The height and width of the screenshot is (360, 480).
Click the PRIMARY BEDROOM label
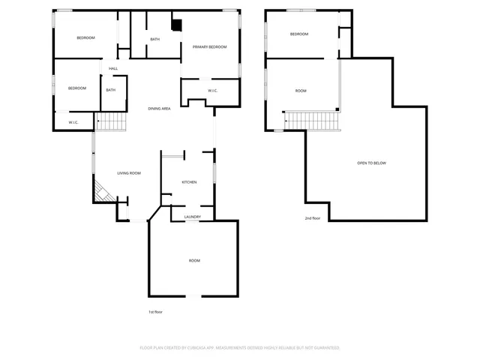pyautogui.click(x=209, y=47)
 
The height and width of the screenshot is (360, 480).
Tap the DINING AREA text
pyautogui.click(x=159, y=109)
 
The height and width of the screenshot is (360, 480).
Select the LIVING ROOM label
pyautogui.click(x=129, y=173)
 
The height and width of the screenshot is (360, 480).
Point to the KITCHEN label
pyautogui.click(x=190, y=182)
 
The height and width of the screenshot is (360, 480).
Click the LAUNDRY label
pyautogui.click(x=192, y=217)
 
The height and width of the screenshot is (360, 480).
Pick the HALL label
pyautogui.click(x=113, y=69)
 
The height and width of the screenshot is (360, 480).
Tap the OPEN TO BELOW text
pyautogui.click(x=371, y=163)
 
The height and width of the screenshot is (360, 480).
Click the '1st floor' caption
pyautogui.click(x=155, y=311)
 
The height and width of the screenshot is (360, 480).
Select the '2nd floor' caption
pyautogui.click(x=312, y=218)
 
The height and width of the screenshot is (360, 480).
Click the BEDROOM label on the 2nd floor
pyautogui.click(x=299, y=34)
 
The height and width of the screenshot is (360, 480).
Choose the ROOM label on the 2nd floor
pyautogui.click(x=301, y=91)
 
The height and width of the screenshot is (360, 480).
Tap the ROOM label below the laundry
pyautogui.click(x=194, y=260)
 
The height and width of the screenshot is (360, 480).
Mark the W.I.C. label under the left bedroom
pyautogui.click(x=74, y=122)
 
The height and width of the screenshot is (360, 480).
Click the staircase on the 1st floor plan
pyautogui.click(x=110, y=121)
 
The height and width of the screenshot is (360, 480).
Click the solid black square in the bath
pyautogui.click(x=176, y=25)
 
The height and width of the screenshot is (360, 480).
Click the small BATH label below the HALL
pyautogui.click(x=110, y=91)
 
